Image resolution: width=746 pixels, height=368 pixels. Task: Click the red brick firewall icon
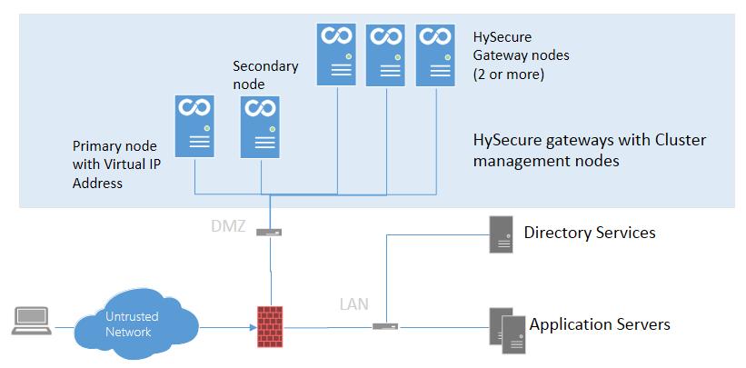270,326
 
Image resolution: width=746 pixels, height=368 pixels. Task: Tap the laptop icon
32,321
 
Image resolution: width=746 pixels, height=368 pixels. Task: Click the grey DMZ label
228,226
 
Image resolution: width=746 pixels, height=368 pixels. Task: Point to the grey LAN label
354,303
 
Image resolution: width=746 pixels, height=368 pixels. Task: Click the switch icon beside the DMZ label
269,233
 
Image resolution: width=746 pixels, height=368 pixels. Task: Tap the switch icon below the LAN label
385,326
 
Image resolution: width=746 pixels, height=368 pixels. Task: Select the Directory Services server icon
502,234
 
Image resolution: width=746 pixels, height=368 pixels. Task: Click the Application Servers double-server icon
507,331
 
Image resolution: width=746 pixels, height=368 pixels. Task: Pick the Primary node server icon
194,126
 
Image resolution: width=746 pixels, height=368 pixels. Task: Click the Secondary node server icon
260,127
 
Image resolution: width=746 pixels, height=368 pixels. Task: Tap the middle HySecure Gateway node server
385,55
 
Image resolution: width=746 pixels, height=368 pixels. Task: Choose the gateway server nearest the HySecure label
435,55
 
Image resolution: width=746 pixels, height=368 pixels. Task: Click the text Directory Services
590,233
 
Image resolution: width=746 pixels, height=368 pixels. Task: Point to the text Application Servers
600,324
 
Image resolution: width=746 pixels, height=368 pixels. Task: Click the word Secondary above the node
265,66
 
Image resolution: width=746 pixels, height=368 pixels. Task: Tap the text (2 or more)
509,75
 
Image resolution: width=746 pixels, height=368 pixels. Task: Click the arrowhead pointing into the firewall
253,327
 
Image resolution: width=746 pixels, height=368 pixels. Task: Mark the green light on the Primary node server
207,127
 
